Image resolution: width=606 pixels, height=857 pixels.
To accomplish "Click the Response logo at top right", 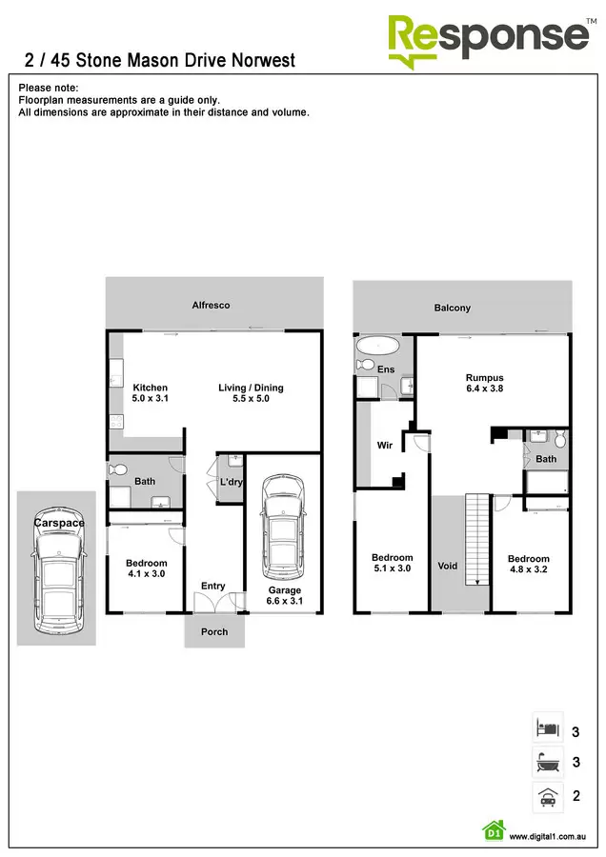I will click(x=488, y=38).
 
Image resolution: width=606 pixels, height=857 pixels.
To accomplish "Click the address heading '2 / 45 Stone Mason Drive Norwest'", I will click(x=159, y=61).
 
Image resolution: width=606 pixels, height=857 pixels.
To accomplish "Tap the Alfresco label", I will click(x=212, y=305).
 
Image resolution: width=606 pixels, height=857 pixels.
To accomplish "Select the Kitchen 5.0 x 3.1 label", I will click(x=150, y=393).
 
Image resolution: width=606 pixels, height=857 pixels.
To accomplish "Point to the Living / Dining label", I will click(x=251, y=393).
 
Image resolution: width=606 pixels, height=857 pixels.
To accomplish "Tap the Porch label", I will click(x=214, y=631).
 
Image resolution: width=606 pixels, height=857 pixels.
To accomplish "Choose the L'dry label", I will click(x=232, y=483).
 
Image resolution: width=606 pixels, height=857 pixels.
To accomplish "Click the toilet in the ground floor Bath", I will click(x=118, y=468).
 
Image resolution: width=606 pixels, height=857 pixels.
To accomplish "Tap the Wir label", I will click(x=384, y=444).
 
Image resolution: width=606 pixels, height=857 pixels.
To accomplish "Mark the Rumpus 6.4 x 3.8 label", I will click(x=484, y=383).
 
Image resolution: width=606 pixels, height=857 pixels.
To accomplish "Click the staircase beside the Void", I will click(x=475, y=541).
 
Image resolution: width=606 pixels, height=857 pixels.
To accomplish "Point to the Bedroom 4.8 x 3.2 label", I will click(x=528, y=565).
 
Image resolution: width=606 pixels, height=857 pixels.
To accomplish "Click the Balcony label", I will click(x=453, y=308).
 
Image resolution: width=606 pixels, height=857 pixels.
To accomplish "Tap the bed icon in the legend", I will click(x=547, y=727).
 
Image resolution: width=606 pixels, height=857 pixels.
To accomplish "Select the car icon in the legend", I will click(x=547, y=796).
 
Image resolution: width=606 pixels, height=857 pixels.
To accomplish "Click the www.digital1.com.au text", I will click(x=547, y=836).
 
